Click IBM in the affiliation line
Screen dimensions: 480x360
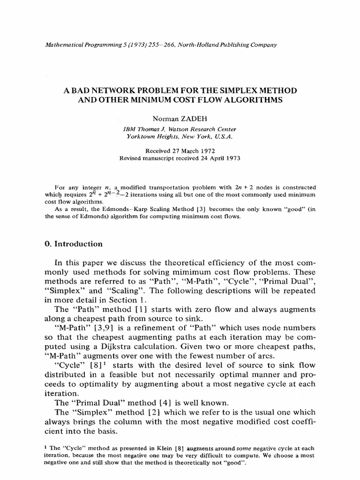130,129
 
